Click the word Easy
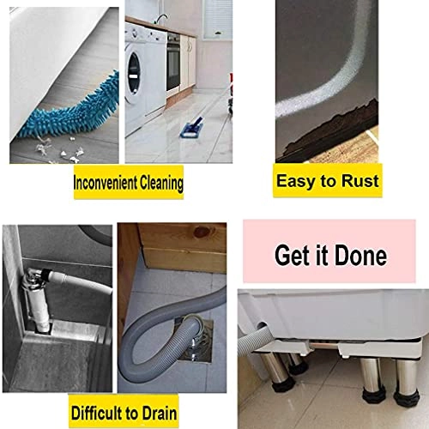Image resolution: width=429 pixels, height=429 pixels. [297, 181]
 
